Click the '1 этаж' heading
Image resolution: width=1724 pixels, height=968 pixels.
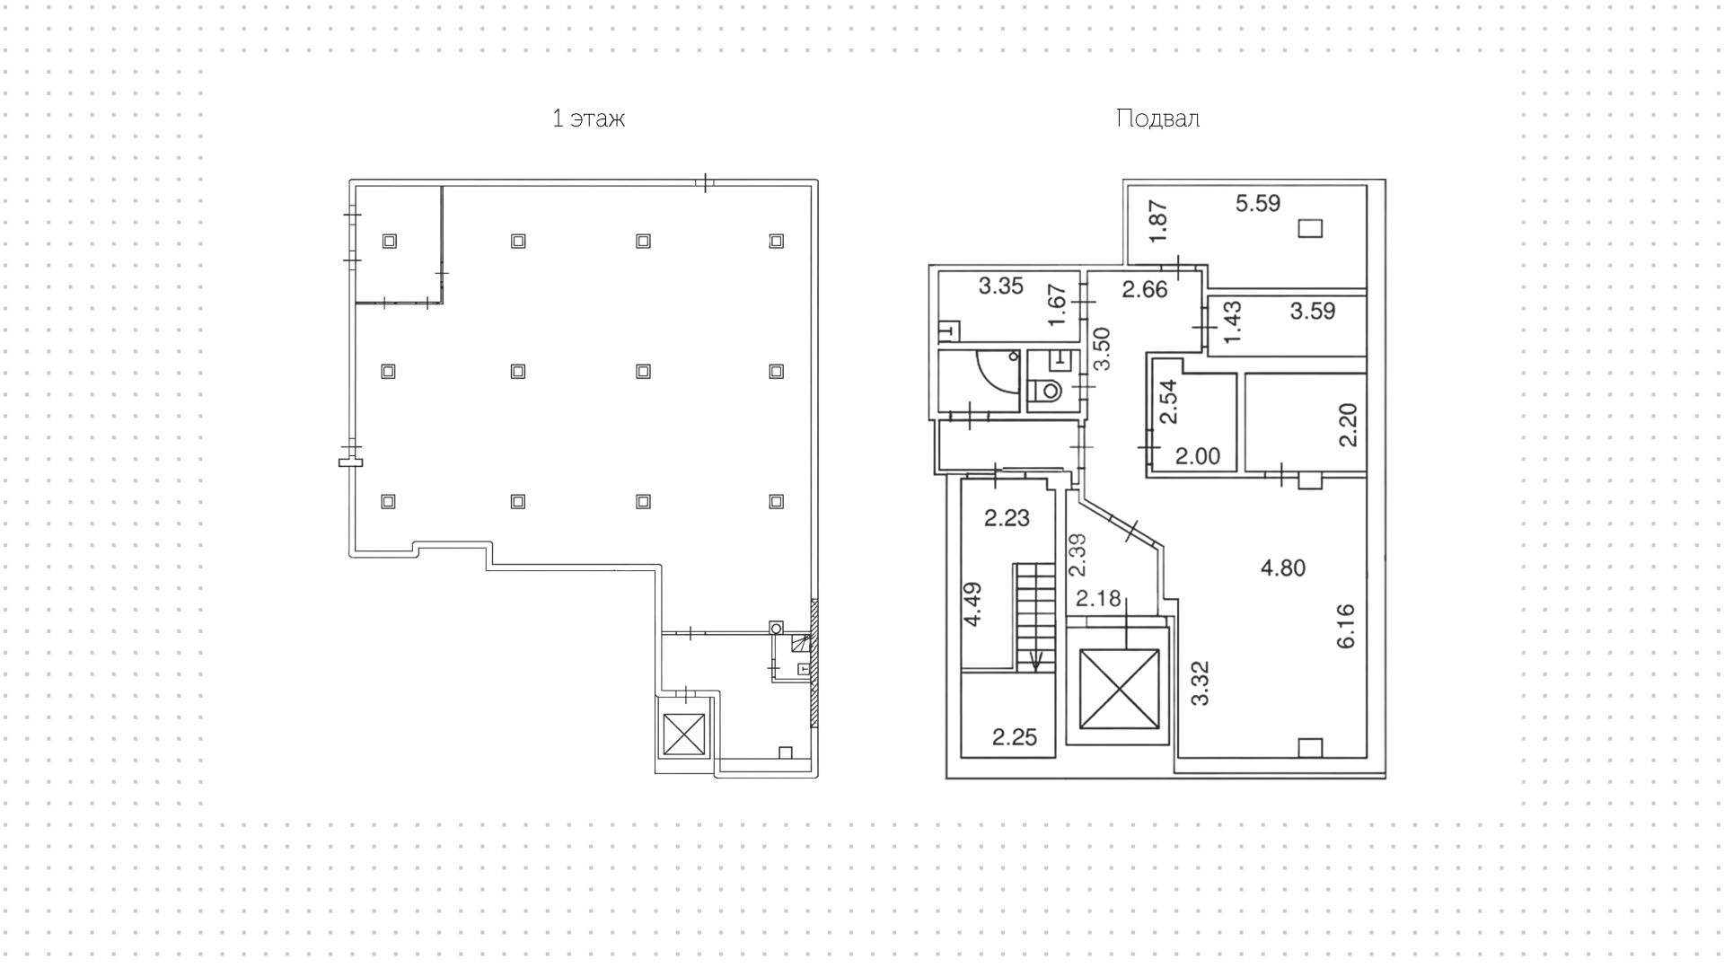coord(588,119)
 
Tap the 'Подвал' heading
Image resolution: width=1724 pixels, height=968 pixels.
coord(1157,119)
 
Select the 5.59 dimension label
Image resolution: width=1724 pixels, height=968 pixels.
coord(1258,204)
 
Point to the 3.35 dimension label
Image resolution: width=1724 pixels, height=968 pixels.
coord(1001,286)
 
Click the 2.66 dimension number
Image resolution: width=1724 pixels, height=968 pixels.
coord(1145,289)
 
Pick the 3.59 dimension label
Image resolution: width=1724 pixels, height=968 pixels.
coord(1313,311)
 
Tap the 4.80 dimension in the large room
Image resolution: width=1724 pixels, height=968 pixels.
coord(1283,568)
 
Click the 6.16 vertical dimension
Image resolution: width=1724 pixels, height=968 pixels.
coord(1345,627)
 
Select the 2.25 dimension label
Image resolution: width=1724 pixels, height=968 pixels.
coord(1015,737)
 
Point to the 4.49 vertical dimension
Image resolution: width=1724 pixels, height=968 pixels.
coord(972,605)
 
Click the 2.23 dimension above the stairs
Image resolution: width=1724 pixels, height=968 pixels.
coord(1007,518)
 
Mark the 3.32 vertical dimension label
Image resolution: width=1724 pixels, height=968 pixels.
coord(1201,683)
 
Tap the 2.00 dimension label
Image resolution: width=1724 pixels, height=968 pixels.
coord(1198,456)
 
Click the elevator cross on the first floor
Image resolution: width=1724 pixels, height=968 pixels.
coord(683,735)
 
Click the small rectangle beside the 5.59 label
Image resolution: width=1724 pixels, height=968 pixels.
coord(1311,228)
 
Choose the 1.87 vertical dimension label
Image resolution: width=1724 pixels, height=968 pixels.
coord(1158,221)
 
